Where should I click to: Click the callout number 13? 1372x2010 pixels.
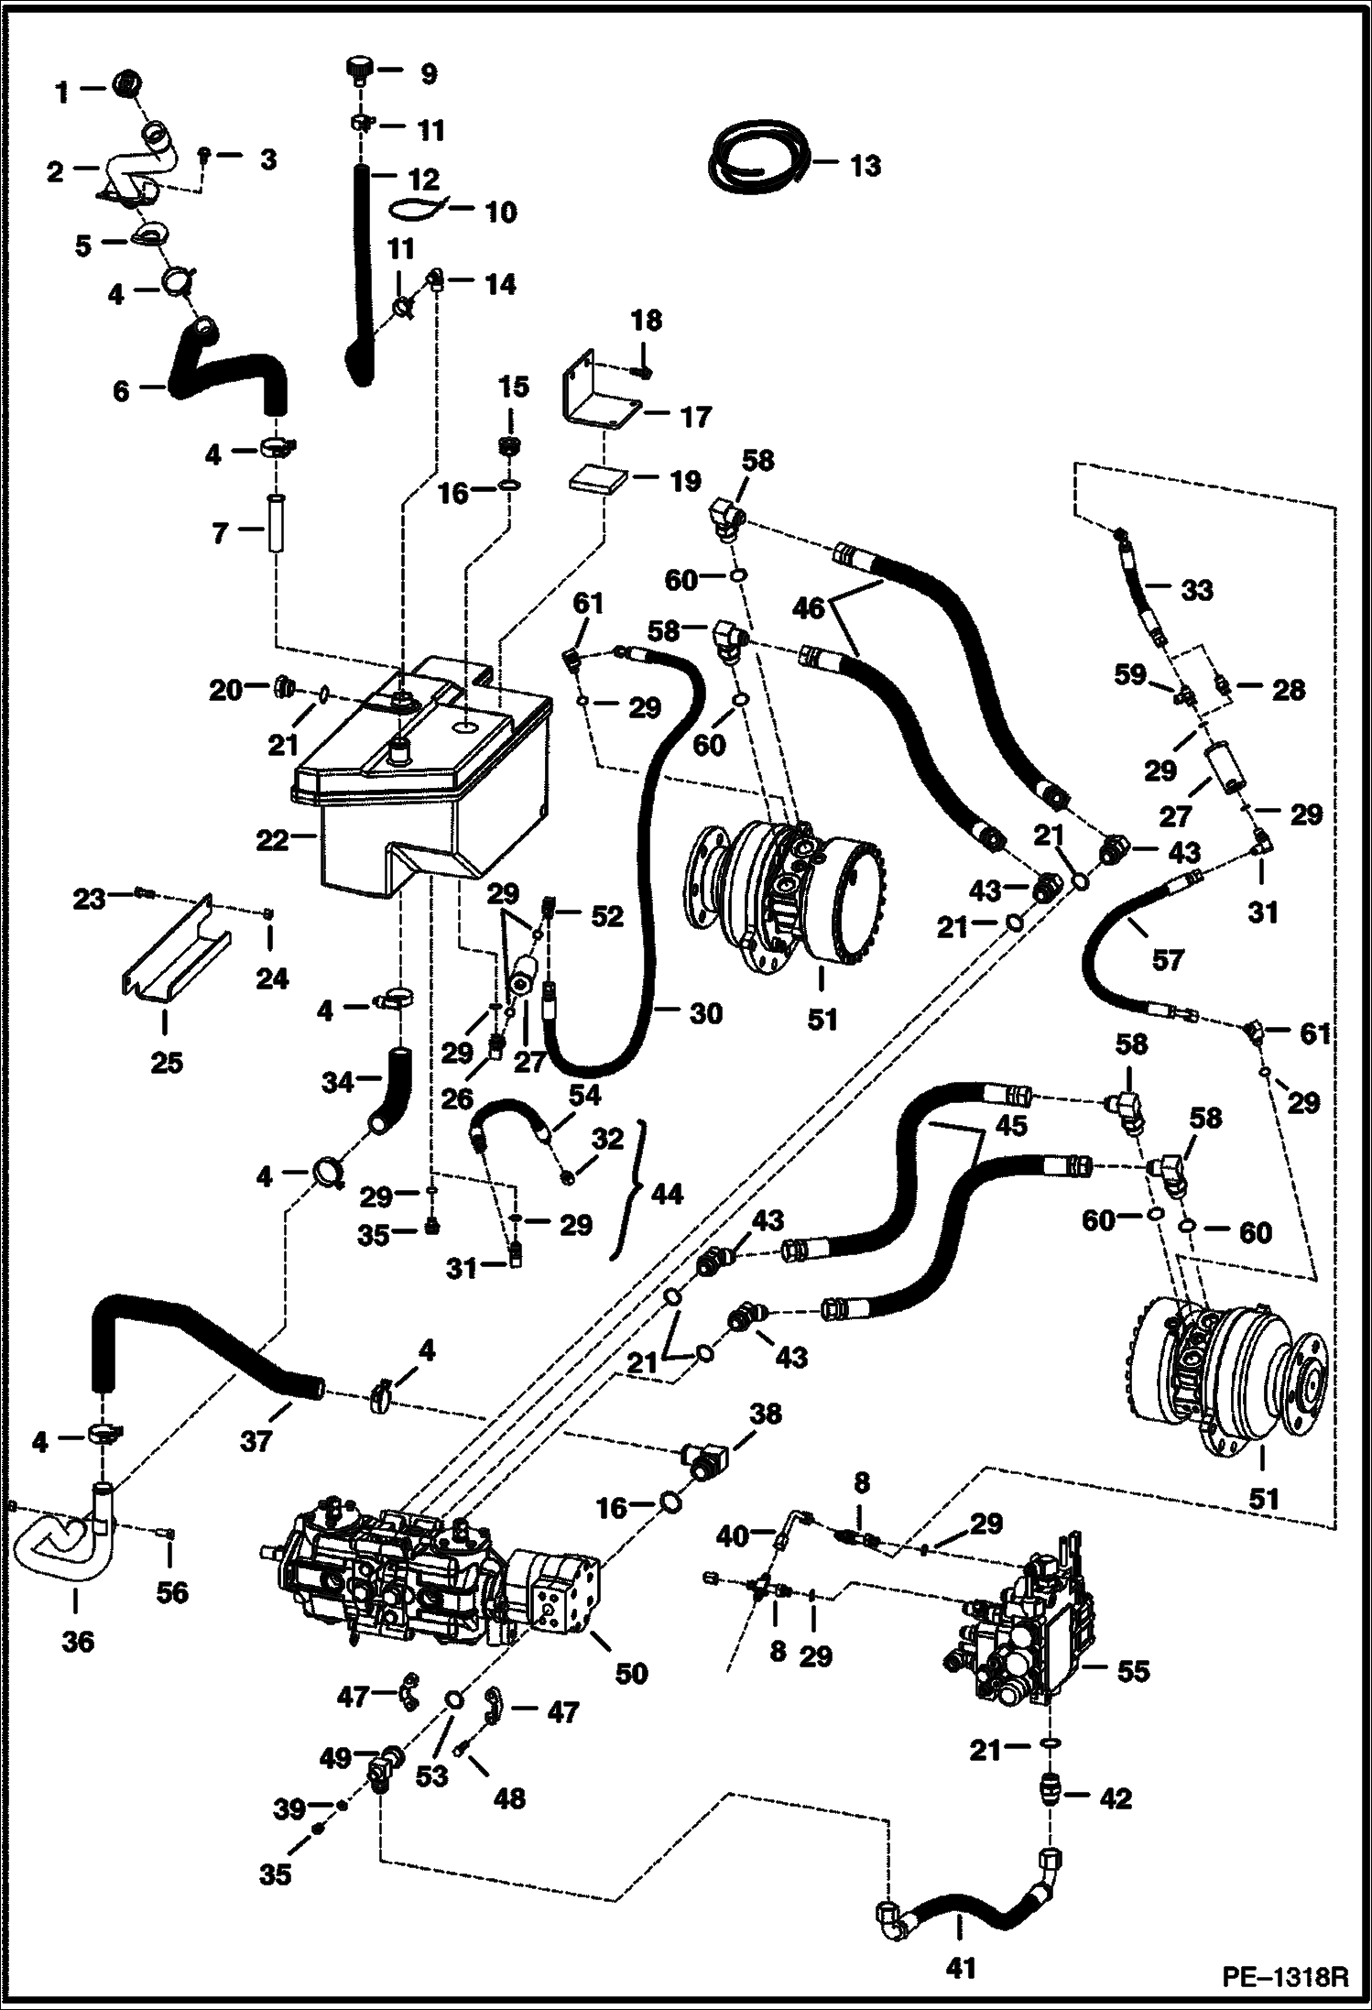click(x=865, y=166)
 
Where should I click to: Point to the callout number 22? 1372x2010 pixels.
click(x=271, y=839)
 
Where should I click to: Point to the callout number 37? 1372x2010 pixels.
click(x=256, y=1441)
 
